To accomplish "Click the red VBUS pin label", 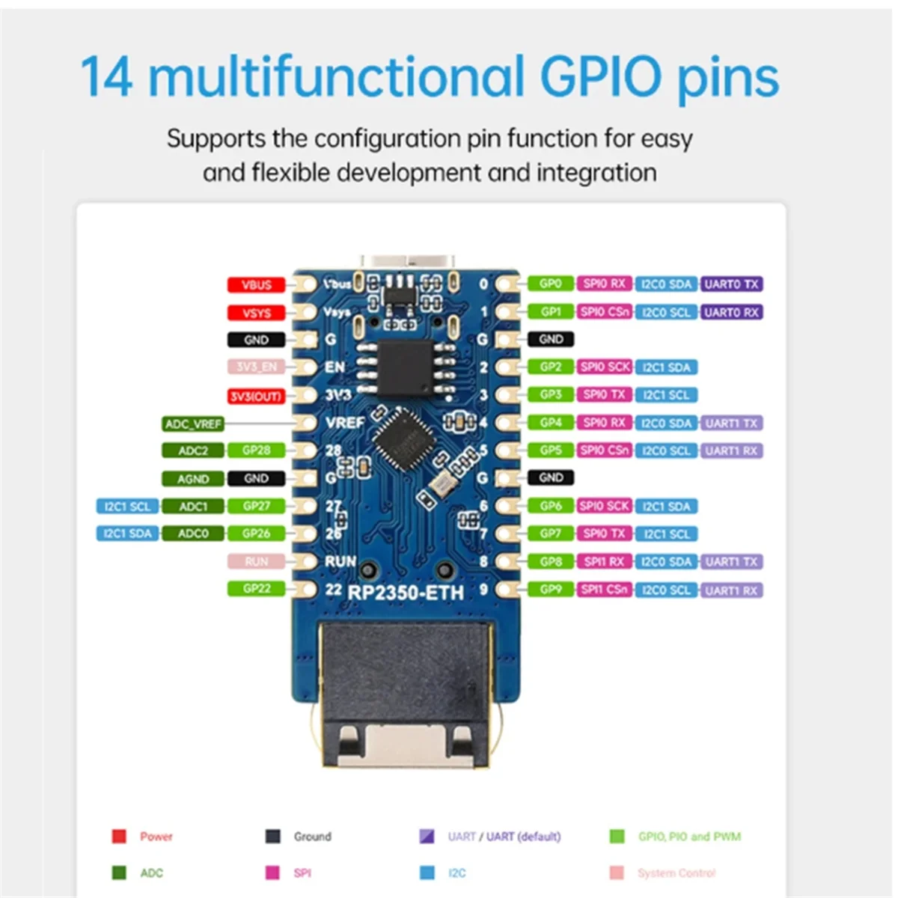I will coord(256,285).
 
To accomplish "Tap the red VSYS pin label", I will coord(256,313).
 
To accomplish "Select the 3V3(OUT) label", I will coord(256,396).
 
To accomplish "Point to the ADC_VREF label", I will coord(193,424).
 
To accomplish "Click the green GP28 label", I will coord(256,450).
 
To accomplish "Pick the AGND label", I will coord(193,479).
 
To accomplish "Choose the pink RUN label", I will coord(256,561).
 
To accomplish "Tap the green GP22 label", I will coord(256,589).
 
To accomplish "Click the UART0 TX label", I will coord(731,284).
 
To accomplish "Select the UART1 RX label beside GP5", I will coord(731,450).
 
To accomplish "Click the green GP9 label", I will coord(551,590).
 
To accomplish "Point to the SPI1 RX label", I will coord(604,561).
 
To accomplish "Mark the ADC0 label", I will coord(193,534).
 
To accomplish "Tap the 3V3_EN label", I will coord(256,367).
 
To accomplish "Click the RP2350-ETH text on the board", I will coord(406,593).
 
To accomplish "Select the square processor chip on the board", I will coord(398,437).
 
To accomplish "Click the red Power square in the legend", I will coord(119,837).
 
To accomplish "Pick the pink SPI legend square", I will coord(272,873).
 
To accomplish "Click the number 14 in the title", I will coord(106,77).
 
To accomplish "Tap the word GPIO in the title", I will coord(600,77).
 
